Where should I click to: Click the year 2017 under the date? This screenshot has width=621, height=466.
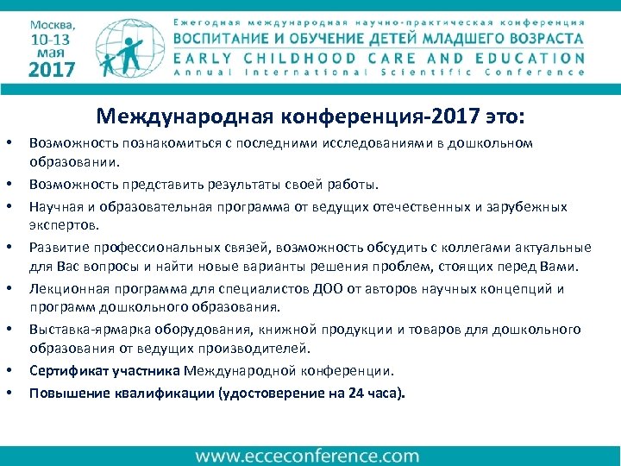pos(51,70)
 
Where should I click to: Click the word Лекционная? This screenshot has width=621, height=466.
pos(66,289)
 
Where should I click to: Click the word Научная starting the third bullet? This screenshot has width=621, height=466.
pos(54,206)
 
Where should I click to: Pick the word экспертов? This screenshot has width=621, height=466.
pos(64,225)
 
